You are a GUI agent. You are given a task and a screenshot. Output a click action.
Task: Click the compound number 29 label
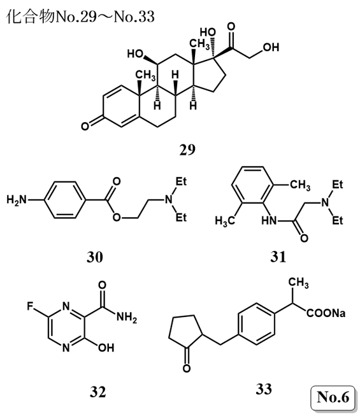(x=187, y=150)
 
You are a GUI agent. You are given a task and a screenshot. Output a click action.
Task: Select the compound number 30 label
(x=95, y=257)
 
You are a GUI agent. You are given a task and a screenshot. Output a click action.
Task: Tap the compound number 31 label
(x=278, y=257)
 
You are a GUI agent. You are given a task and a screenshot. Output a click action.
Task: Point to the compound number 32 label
(x=97, y=392)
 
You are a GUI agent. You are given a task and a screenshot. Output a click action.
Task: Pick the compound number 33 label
(x=264, y=389)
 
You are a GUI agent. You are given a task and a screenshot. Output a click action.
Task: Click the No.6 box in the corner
(x=333, y=398)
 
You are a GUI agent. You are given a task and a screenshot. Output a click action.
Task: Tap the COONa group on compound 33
(x=326, y=313)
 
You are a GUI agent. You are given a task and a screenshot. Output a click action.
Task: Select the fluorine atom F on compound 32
(x=30, y=306)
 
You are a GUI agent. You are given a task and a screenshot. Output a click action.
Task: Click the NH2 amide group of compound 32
(x=127, y=317)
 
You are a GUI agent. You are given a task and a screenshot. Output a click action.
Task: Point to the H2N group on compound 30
(x=17, y=199)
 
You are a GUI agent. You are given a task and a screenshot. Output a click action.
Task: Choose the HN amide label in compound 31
(x=269, y=220)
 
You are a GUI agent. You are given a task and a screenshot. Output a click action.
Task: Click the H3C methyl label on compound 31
(x=225, y=221)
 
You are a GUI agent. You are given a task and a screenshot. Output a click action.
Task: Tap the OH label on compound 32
(x=106, y=348)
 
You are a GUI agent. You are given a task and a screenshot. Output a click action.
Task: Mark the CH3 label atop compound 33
(x=299, y=283)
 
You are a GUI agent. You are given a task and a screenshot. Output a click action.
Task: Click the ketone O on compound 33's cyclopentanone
(x=187, y=369)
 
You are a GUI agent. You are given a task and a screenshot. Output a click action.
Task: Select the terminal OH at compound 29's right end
(x=271, y=47)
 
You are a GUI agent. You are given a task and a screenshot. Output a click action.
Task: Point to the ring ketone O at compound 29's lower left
(x=85, y=126)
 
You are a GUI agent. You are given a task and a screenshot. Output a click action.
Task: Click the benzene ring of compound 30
(x=65, y=200)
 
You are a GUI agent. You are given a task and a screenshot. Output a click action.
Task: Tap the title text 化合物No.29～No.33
(x=80, y=17)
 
